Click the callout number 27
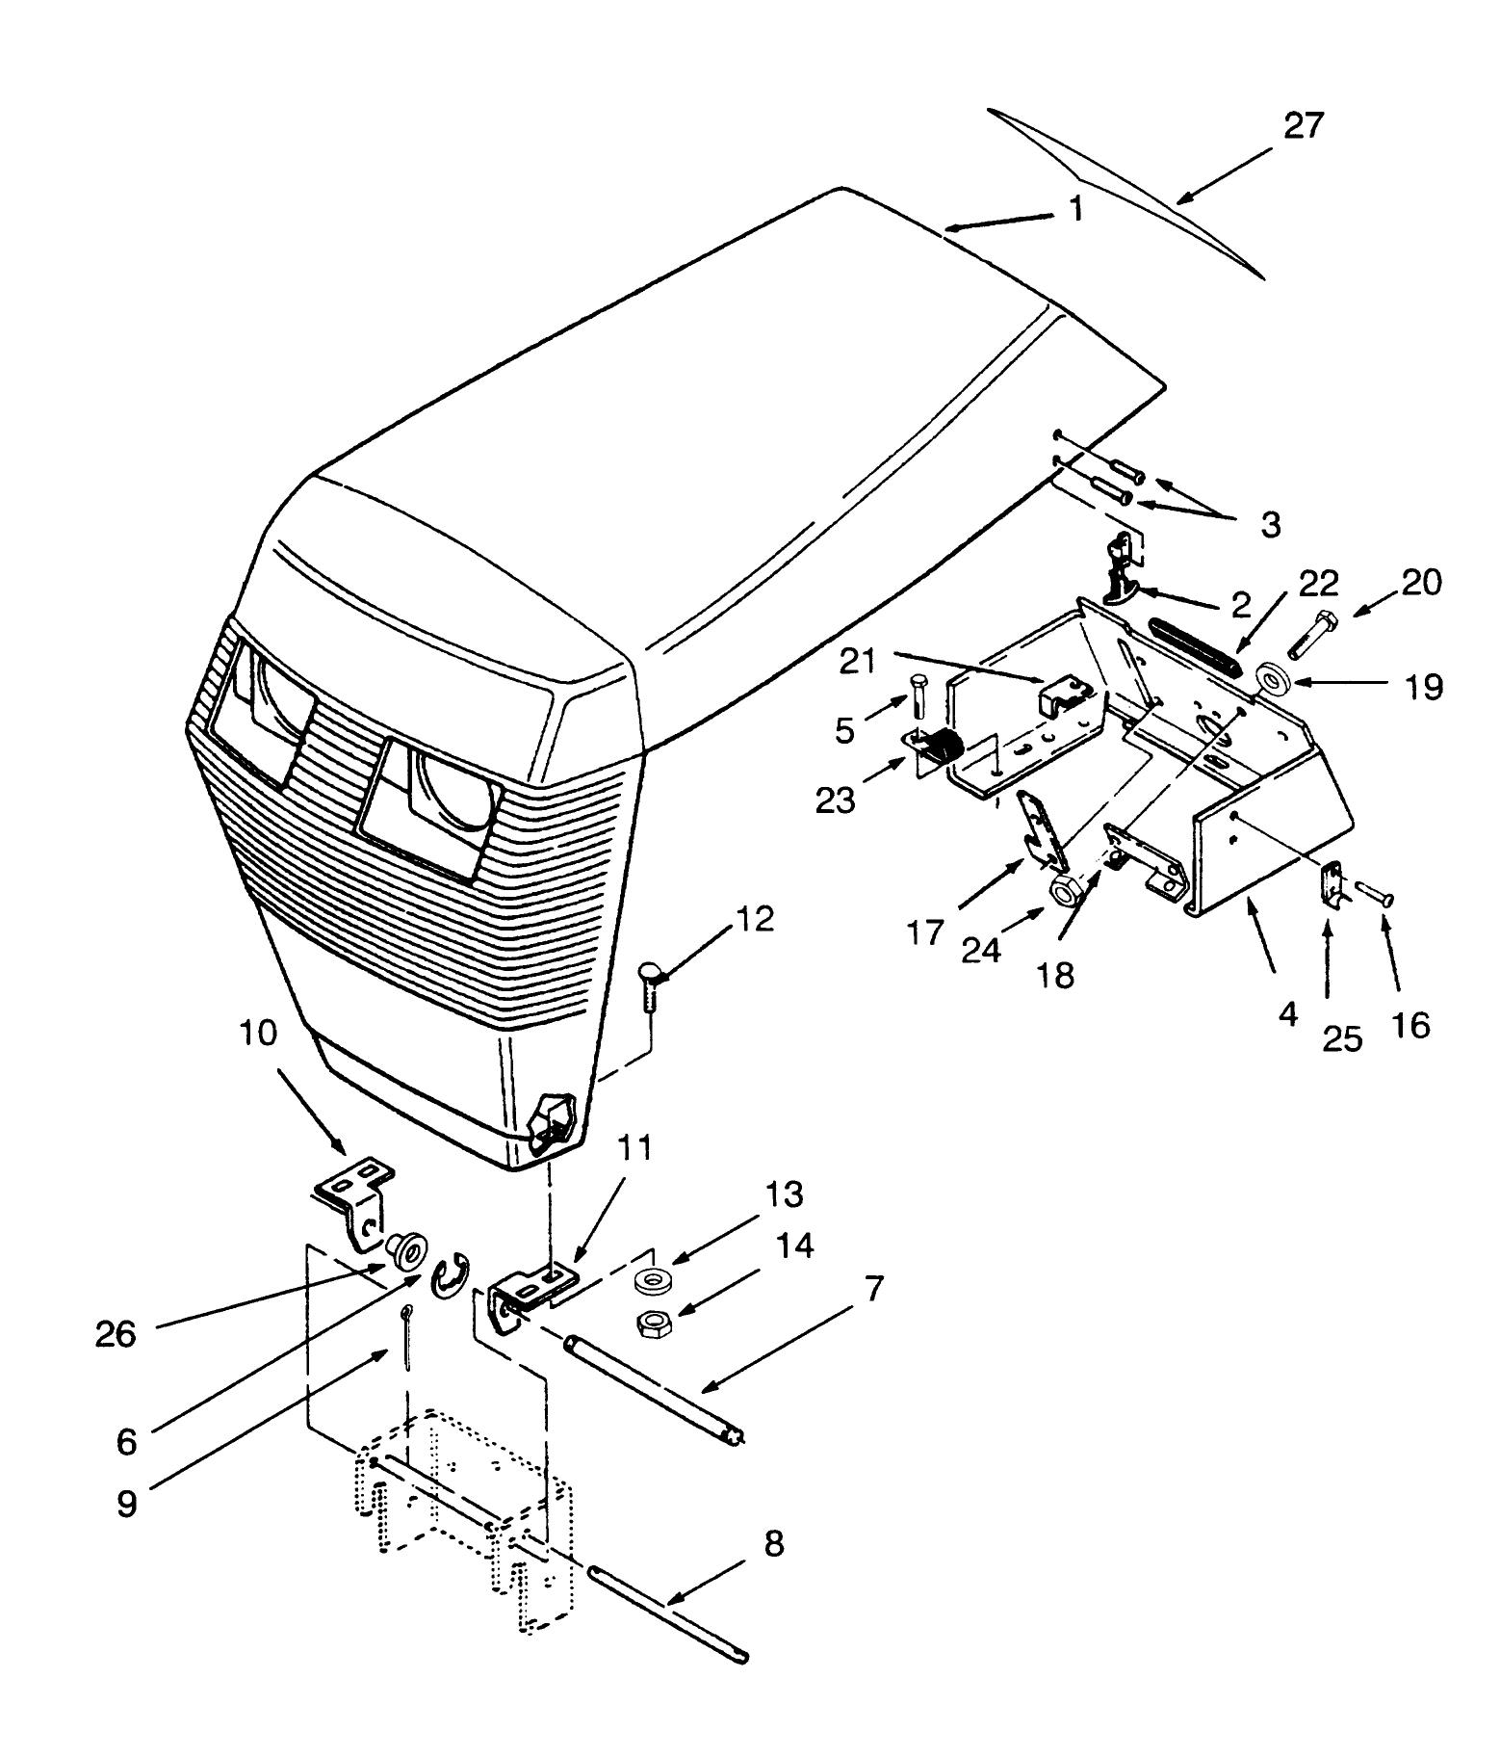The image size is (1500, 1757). coord(1304,126)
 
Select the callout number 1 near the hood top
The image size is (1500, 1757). coord(1075,209)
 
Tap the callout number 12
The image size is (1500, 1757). coord(757,919)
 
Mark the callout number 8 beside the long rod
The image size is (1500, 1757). coord(773,1543)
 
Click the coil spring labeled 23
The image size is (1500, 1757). coord(949,747)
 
